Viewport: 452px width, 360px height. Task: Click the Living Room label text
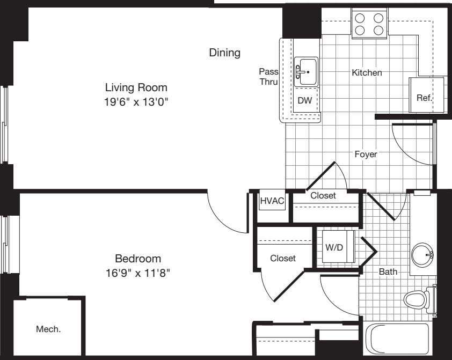[136, 87]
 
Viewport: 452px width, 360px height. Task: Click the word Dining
[224, 53]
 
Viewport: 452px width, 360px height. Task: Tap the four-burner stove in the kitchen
[370, 24]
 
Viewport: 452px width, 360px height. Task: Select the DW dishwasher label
[305, 100]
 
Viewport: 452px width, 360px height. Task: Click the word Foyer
[366, 155]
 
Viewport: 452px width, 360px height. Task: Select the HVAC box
[272, 201]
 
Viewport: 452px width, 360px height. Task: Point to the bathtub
[397, 340]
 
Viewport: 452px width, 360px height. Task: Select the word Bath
[388, 272]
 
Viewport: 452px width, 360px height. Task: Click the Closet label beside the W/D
[283, 258]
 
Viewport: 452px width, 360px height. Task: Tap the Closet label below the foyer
[323, 196]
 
